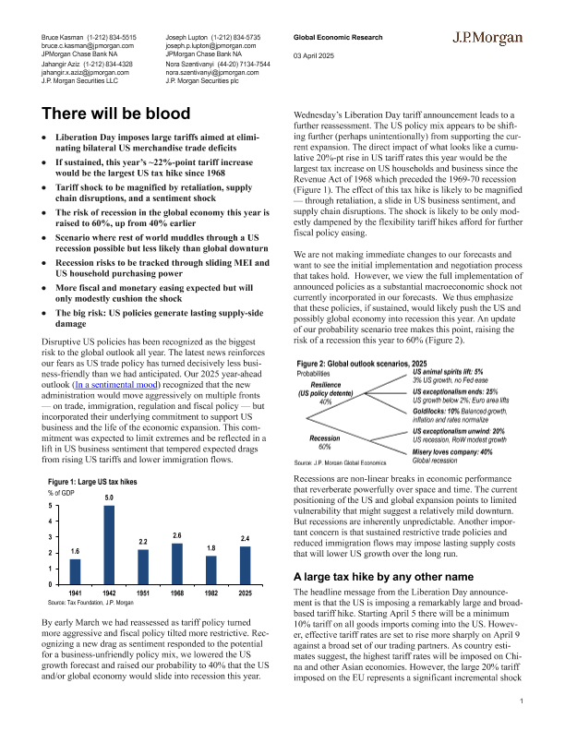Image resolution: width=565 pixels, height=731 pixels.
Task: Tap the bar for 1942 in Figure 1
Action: coord(108,545)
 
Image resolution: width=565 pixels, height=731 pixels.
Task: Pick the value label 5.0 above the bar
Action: coord(108,498)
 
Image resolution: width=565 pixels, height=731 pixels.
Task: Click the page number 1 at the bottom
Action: coord(522,703)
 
